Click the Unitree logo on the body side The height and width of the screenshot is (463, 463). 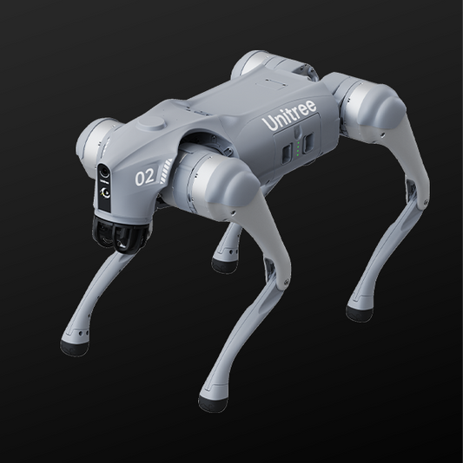point(289,115)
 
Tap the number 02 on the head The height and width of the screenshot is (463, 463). point(145,177)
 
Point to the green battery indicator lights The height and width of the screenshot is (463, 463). point(298,147)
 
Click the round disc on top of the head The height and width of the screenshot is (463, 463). point(151,123)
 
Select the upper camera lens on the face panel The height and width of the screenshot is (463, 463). point(104,172)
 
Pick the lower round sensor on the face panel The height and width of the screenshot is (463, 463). point(105,193)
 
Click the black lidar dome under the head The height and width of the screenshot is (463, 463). point(120,234)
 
